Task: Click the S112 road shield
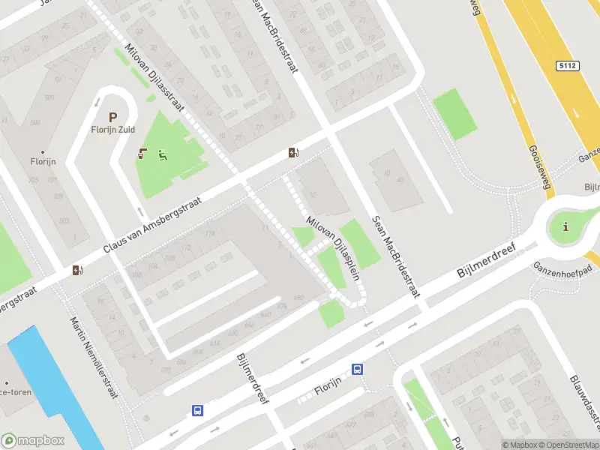[568, 66]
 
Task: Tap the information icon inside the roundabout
[565, 226]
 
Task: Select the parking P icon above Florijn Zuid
[113, 118]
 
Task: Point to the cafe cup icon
[142, 155]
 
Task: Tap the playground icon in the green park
[162, 156]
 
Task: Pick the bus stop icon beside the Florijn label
[358, 369]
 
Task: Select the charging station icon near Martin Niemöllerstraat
[77, 271]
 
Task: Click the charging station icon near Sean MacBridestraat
[292, 153]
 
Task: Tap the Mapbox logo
[33, 441]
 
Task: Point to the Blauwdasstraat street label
[581, 406]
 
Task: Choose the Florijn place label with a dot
[42, 159]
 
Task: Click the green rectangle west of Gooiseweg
[454, 113]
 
